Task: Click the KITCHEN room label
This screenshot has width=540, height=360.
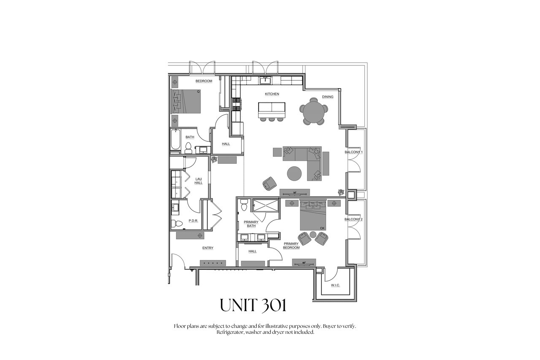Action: (272, 94)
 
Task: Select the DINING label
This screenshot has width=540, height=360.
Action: (328, 97)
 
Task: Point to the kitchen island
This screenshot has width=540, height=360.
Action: (272, 110)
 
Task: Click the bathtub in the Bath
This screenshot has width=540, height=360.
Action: (175, 139)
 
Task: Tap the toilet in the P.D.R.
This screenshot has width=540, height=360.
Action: (176, 224)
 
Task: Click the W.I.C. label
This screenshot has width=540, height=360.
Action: (335, 285)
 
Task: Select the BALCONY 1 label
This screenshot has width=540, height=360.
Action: (354, 152)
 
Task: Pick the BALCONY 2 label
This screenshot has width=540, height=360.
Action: (354, 219)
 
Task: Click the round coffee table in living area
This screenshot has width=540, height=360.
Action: (294, 173)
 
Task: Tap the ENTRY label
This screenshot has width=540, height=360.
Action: (208, 248)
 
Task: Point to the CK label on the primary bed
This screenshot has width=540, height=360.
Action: (322, 228)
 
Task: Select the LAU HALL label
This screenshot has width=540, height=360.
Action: (199, 181)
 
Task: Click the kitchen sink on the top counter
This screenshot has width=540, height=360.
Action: (266, 80)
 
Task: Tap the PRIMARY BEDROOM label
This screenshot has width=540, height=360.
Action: (291, 246)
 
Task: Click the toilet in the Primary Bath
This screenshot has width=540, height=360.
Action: (244, 205)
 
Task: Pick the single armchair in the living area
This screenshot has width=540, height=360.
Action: (270, 184)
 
